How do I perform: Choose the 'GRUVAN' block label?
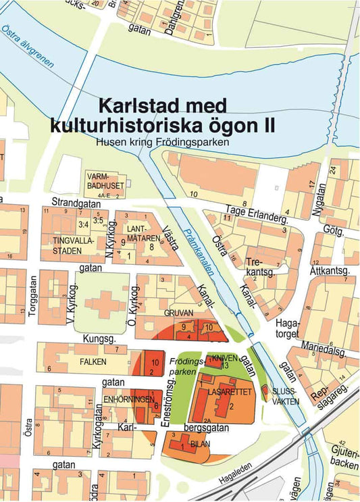pos(179,313)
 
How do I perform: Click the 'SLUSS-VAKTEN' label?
pos(284,396)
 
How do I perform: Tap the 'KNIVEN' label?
pos(224,357)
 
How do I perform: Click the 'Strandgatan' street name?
pos(74,202)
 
